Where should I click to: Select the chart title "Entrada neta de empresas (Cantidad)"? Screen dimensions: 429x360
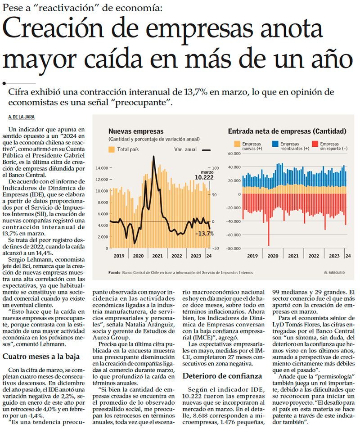point(287,131)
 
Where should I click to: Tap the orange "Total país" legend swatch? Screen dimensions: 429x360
point(112,149)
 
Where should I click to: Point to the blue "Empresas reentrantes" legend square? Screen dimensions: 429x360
point(275,143)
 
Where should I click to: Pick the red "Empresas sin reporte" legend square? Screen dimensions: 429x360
point(315,143)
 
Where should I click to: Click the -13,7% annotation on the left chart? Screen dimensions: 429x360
point(204,234)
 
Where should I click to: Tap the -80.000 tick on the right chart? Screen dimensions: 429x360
point(233,248)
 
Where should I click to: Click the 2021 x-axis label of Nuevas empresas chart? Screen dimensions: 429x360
point(157,256)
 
